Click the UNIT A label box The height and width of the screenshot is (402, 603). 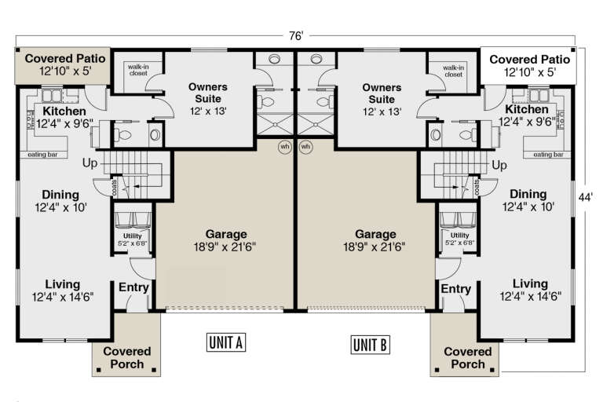click(227, 342)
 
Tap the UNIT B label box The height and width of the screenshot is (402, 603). click(371, 343)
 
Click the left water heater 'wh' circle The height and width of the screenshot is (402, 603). click(285, 147)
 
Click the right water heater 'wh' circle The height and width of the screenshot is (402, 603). click(306, 147)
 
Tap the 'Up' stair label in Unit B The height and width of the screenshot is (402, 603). click(499, 165)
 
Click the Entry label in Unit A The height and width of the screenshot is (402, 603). click(133, 288)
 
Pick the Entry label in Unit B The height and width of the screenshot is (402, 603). click(456, 290)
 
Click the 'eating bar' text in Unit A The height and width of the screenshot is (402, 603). click(45, 155)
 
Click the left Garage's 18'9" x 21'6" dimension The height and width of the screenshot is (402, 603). click(226, 247)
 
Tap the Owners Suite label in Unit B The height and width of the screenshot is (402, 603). click(381, 93)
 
